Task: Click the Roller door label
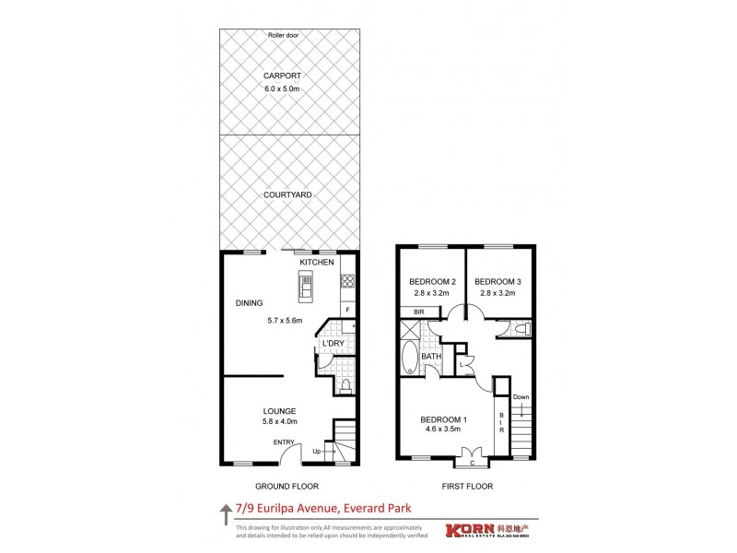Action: click(x=284, y=35)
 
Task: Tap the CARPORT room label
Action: click(x=283, y=76)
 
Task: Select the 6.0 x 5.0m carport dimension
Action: click(x=283, y=89)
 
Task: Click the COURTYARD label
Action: click(x=287, y=195)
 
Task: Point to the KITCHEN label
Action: click(x=316, y=263)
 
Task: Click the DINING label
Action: click(x=250, y=303)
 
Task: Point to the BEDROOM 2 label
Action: click(x=431, y=281)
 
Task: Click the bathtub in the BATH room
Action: click(x=409, y=359)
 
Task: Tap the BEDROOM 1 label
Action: click(x=444, y=420)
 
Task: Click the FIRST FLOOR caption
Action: click(x=467, y=485)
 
